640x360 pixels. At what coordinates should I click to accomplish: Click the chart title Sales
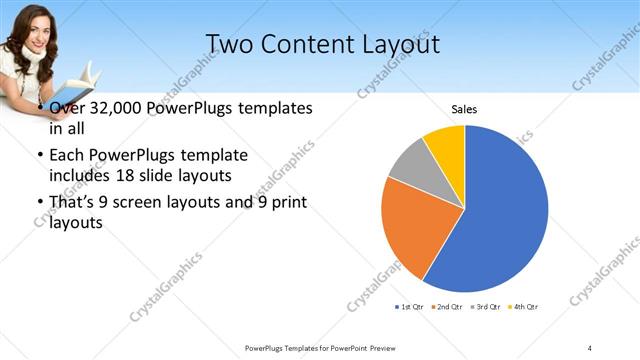point(464,108)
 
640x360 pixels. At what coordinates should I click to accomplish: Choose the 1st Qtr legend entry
point(409,306)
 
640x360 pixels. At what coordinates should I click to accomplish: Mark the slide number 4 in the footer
point(590,348)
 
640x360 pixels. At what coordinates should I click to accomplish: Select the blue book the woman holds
point(84,76)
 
